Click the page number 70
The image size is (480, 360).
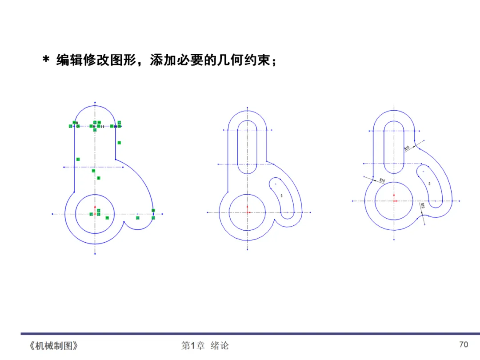coord(464,344)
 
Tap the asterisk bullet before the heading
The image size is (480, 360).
coord(45,60)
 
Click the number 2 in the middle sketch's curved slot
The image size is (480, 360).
coord(281,196)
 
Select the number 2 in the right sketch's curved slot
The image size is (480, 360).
coord(429,184)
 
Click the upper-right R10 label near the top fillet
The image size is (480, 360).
coord(407,148)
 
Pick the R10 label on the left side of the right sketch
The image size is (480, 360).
coord(382,180)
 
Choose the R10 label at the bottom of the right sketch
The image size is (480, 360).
coord(422,206)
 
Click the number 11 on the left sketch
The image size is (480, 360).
coord(102,127)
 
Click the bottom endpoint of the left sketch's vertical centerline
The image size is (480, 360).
coord(95,254)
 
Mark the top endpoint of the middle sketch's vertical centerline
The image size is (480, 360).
coord(247,107)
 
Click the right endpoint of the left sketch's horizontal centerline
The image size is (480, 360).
coord(162,214)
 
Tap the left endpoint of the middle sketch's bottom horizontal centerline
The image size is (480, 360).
coord(207,212)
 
